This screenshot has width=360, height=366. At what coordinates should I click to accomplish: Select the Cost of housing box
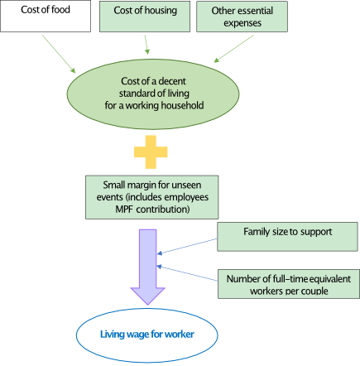[145, 16]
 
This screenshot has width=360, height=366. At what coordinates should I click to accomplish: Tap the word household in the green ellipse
[188, 105]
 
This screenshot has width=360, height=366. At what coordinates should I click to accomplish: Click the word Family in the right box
[256, 231]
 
